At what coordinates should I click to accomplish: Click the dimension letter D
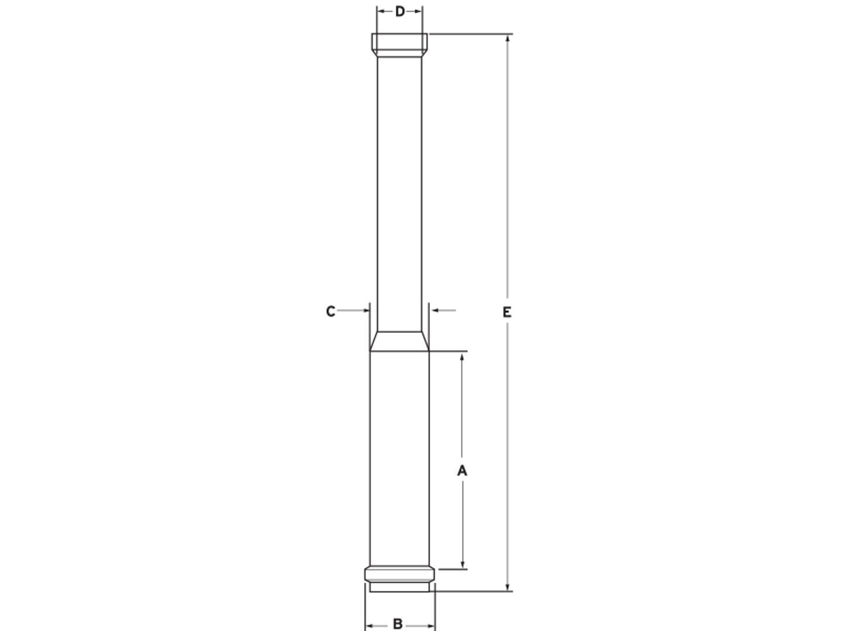(400, 12)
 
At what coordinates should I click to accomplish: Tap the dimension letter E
(507, 312)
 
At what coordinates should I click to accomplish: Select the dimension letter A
(463, 470)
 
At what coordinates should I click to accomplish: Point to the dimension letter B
(398, 624)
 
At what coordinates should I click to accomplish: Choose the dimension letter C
(330, 311)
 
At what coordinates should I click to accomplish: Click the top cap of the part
(399, 45)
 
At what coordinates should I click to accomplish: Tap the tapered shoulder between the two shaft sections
(399, 341)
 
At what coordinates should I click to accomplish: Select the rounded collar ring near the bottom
(399, 574)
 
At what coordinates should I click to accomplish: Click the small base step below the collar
(399, 587)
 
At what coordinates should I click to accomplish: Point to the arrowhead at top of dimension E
(508, 39)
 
